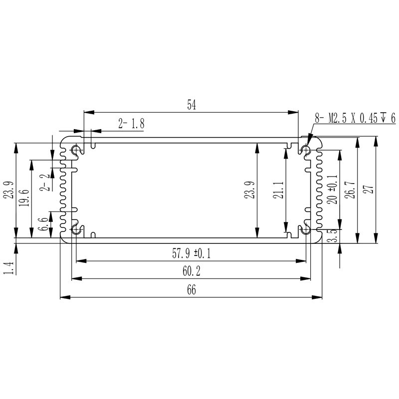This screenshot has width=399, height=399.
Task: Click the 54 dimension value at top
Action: pyautogui.click(x=191, y=105)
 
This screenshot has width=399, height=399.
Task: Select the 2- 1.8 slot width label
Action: pyautogui.click(x=131, y=124)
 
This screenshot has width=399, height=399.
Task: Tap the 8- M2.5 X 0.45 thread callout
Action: pyautogui.click(x=354, y=118)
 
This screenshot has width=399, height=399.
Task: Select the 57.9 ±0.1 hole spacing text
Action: pyautogui.click(x=192, y=254)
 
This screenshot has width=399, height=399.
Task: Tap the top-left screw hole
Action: pyautogui.click(x=76, y=150)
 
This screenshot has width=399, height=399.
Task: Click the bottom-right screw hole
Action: pyautogui.click(x=306, y=230)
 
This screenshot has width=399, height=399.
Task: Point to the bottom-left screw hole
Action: pyautogui.click(x=76, y=230)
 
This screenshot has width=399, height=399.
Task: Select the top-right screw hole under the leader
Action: pyautogui.click(x=306, y=150)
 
